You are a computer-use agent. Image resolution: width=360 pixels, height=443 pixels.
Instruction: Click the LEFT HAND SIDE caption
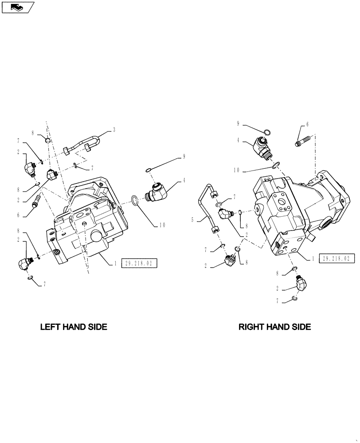[x=74, y=327]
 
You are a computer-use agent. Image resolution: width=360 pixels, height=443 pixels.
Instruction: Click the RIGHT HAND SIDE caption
[x=274, y=327]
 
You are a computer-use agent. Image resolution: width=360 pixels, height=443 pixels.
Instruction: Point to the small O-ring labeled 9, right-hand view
[x=266, y=132]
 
